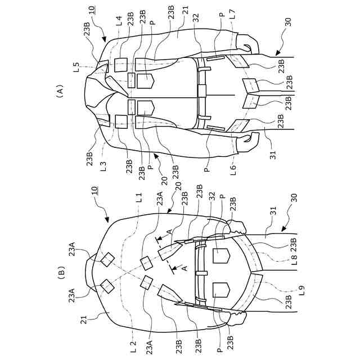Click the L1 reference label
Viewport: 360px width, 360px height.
pos(139,199)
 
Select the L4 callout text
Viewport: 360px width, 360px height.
pos(119,21)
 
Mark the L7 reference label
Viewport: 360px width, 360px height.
pos(232,21)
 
